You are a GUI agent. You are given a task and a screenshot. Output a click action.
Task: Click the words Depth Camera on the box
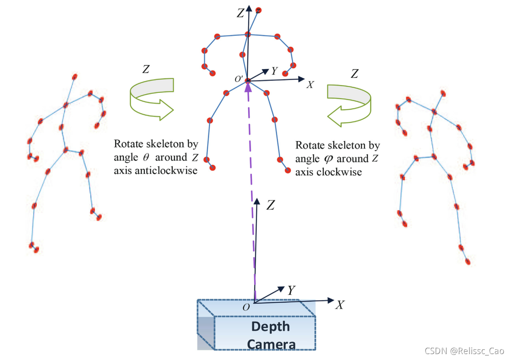[x=271, y=335]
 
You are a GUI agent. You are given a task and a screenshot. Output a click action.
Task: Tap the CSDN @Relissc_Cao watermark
[x=464, y=350]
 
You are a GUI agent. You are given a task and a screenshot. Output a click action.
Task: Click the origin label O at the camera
[x=246, y=307]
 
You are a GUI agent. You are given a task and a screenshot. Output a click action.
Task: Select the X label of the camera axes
[x=340, y=305]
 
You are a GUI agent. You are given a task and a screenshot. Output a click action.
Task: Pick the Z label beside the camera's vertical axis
[x=270, y=206]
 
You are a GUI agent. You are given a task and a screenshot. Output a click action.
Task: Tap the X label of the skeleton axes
[x=310, y=85]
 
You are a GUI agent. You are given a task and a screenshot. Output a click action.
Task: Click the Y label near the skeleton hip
[x=274, y=71]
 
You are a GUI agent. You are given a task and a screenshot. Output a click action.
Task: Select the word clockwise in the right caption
[x=342, y=172]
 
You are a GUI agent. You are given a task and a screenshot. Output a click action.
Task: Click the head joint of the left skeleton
[x=75, y=76]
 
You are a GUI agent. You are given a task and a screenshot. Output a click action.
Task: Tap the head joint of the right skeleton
[x=443, y=94]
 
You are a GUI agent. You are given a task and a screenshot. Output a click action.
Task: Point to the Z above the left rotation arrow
[x=146, y=70]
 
